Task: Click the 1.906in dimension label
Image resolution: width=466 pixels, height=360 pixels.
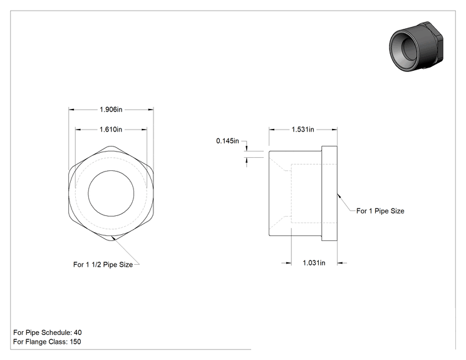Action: (111, 110)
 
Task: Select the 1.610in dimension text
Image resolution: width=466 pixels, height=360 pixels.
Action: (111, 130)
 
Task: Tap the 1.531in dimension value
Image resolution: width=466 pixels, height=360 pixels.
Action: (303, 130)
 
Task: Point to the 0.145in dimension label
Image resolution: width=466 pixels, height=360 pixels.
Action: (227, 141)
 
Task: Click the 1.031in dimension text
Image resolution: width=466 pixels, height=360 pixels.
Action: (314, 263)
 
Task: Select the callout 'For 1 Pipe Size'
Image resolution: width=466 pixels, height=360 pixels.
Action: (380, 211)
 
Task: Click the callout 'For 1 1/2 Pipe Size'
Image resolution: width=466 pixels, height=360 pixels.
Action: (103, 264)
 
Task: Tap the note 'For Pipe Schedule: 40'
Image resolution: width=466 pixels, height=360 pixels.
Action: (48, 332)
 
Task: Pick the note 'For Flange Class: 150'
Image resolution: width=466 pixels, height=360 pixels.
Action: (47, 342)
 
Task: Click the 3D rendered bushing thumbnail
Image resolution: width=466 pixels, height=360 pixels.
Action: (417, 46)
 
